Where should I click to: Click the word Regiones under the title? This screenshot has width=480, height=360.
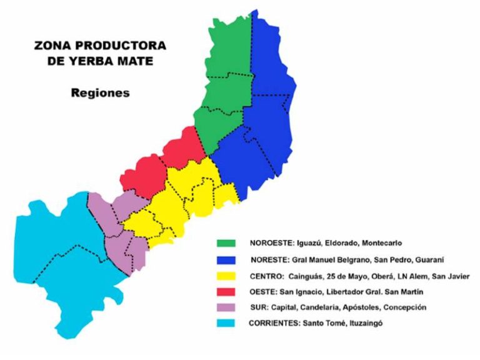(x=100, y=92)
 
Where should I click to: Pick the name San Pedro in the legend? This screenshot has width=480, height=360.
(x=396, y=259)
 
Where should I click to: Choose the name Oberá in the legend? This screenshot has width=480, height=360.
(x=384, y=276)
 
